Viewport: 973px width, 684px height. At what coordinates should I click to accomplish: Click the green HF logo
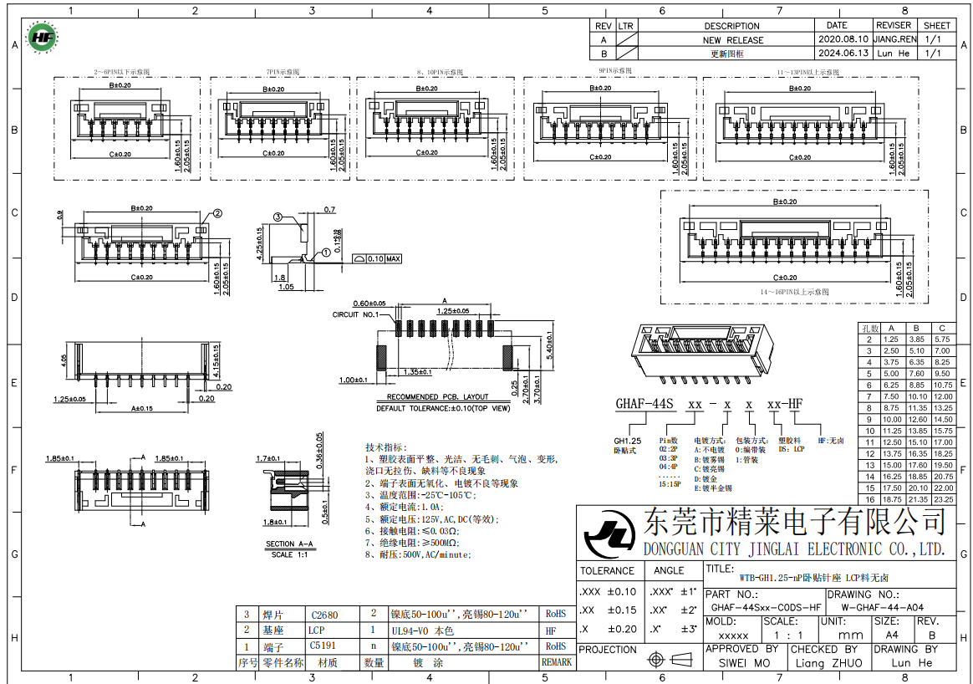click(x=40, y=37)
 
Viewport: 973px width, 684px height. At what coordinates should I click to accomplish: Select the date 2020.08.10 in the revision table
click(x=842, y=39)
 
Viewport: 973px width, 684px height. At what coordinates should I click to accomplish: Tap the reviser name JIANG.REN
click(x=894, y=39)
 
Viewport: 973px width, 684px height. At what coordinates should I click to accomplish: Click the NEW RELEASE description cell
click(x=732, y=39)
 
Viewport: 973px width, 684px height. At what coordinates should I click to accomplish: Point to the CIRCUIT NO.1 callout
click(x=356, y=315)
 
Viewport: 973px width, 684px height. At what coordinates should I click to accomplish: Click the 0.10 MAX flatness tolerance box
click(x=378, y=258)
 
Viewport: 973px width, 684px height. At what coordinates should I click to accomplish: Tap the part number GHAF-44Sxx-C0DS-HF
click(x=765, y=607)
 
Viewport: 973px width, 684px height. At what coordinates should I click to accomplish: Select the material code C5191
click(x=323, y=646)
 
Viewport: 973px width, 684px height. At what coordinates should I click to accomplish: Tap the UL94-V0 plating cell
click(x=422, y=630)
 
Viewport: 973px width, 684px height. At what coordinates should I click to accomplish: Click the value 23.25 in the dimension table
click(x=943, y=498)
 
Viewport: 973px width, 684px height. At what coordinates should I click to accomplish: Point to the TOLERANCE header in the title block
click(x=607, y=571)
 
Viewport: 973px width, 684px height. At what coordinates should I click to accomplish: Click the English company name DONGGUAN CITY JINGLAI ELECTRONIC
click(x=794, y=549)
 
